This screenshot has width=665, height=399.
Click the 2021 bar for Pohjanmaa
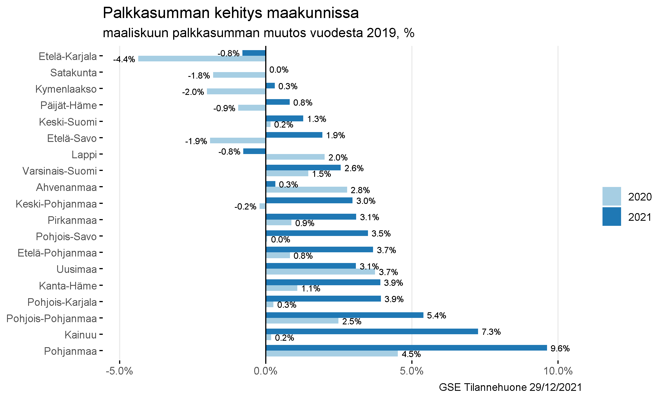[x=406, y=348]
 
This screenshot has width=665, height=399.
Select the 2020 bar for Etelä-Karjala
[x=202, y=59]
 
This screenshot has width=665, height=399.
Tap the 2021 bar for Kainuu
[x=372, y=331]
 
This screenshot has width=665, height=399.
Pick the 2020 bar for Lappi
[x=295, y=157]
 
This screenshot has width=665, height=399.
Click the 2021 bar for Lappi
[x=254, y=151]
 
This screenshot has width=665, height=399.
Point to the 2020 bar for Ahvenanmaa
[x=306, y=190]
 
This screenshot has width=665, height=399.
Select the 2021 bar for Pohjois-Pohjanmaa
[x=344, y=315]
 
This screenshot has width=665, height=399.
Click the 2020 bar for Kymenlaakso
[x=236, y=91]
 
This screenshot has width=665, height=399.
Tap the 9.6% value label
[x=560, y=349]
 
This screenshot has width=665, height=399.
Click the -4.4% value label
[x=124, y=59]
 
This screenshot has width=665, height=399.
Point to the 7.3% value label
[x=491, y=332]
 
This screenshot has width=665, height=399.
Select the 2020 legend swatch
[x=612, y=196]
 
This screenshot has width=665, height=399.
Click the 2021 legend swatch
[x=612, y=217]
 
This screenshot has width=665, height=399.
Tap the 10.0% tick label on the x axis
[x=558, y=371]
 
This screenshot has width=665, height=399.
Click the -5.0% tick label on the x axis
[x=119, y=371]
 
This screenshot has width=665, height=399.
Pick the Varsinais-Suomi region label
[x=60, y=171]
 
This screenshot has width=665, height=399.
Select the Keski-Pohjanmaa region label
[x=56, y=204]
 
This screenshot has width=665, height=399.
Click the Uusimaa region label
[x=77, y=269]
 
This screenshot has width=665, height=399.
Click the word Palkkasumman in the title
[x=155, y=13]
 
